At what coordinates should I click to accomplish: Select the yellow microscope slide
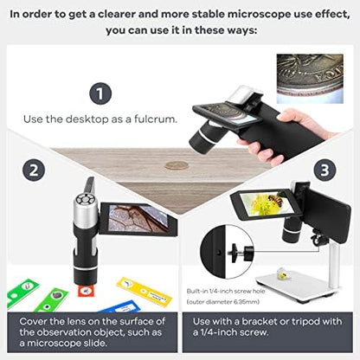tap(145, 292)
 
